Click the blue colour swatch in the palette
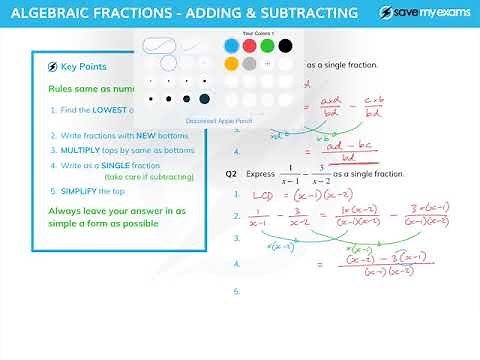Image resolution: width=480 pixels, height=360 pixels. (231, 46)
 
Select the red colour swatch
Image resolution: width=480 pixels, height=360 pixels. (249, 46)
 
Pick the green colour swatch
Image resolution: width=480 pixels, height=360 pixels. (267, 46)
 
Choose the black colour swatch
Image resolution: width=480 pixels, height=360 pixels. (285, 46)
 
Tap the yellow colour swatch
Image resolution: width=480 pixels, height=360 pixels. (231, 64)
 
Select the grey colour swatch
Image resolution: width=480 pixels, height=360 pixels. (249, 64)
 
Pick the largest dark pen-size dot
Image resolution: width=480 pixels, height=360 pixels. (205, 99)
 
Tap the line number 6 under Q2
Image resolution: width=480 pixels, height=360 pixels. (237, 292)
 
